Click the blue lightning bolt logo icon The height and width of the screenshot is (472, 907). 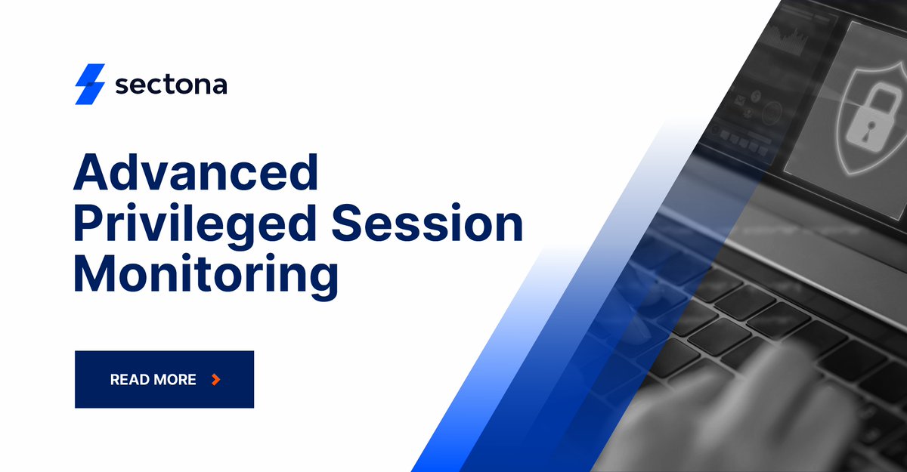pyautogui.click(x=89, y=84)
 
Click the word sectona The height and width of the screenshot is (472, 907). pyautogui.click(x=171, y=85)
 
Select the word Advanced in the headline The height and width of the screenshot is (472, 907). pyautogui.click(x=196, y=173)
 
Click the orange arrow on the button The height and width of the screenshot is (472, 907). pyautogui.click(x=216, y=379)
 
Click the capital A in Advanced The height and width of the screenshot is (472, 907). pyautogui.click(x=91, y=173)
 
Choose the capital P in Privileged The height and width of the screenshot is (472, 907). pyautogui.click(x=88, y=225)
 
